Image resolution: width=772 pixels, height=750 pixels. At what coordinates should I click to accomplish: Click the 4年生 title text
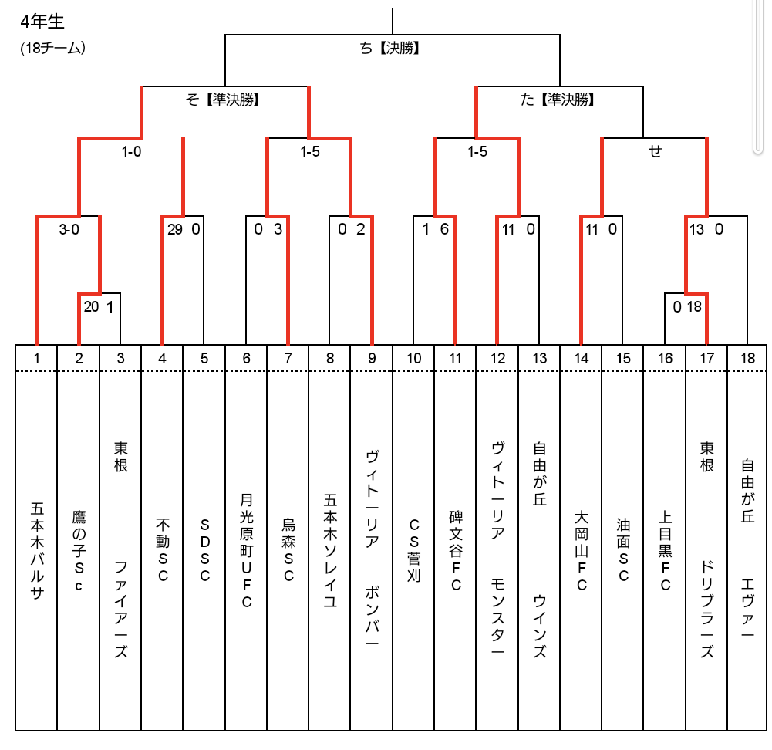click(42, 21)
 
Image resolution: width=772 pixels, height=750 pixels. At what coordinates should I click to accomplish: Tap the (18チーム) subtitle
click(52, 48)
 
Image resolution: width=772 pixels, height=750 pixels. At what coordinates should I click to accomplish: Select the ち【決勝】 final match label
click(389, 48)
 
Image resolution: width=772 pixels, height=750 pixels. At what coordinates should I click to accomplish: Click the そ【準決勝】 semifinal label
click(223, 100)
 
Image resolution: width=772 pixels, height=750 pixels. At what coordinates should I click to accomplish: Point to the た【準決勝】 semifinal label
click(558, 100)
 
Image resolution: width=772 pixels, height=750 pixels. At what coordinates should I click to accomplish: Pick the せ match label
click(655, 150)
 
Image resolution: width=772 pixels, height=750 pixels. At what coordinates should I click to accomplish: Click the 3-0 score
click(69, 229)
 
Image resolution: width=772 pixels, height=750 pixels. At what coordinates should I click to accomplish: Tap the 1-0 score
click(131, 151)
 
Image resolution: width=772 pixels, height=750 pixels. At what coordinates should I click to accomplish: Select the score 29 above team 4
click(175, 229)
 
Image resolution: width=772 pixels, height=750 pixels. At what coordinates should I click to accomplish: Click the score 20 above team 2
click(91, 307)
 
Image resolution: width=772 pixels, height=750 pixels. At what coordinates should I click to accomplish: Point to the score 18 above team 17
click(694, 307)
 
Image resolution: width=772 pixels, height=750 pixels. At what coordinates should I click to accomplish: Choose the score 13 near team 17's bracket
click(696, 229)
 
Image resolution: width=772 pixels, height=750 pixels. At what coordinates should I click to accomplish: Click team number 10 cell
click(413, 358)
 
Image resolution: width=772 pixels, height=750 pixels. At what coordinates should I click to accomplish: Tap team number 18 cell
click(747, 358)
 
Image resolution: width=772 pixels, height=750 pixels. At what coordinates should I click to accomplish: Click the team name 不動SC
click(163, 549)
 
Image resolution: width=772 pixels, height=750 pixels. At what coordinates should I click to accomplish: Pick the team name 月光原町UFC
click(246, 551)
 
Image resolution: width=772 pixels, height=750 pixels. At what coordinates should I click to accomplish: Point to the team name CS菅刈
click(413, 550)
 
